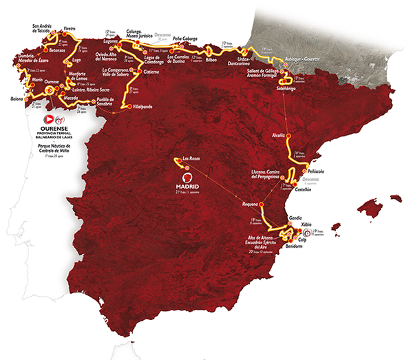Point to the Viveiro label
point(69,29)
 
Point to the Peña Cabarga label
point(186,39)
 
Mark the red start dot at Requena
point(262,206)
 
